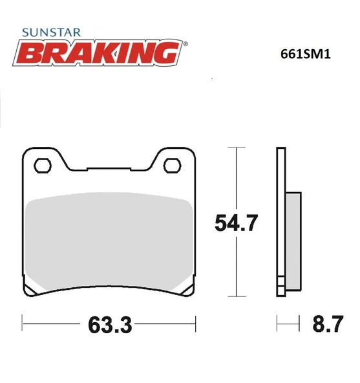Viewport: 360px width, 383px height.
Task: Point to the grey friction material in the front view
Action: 108,239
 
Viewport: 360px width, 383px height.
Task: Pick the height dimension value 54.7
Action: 237,224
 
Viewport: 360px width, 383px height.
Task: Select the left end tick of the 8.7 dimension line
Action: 277,322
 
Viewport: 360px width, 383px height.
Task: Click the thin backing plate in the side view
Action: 280,220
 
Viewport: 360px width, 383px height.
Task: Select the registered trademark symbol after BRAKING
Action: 186,44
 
